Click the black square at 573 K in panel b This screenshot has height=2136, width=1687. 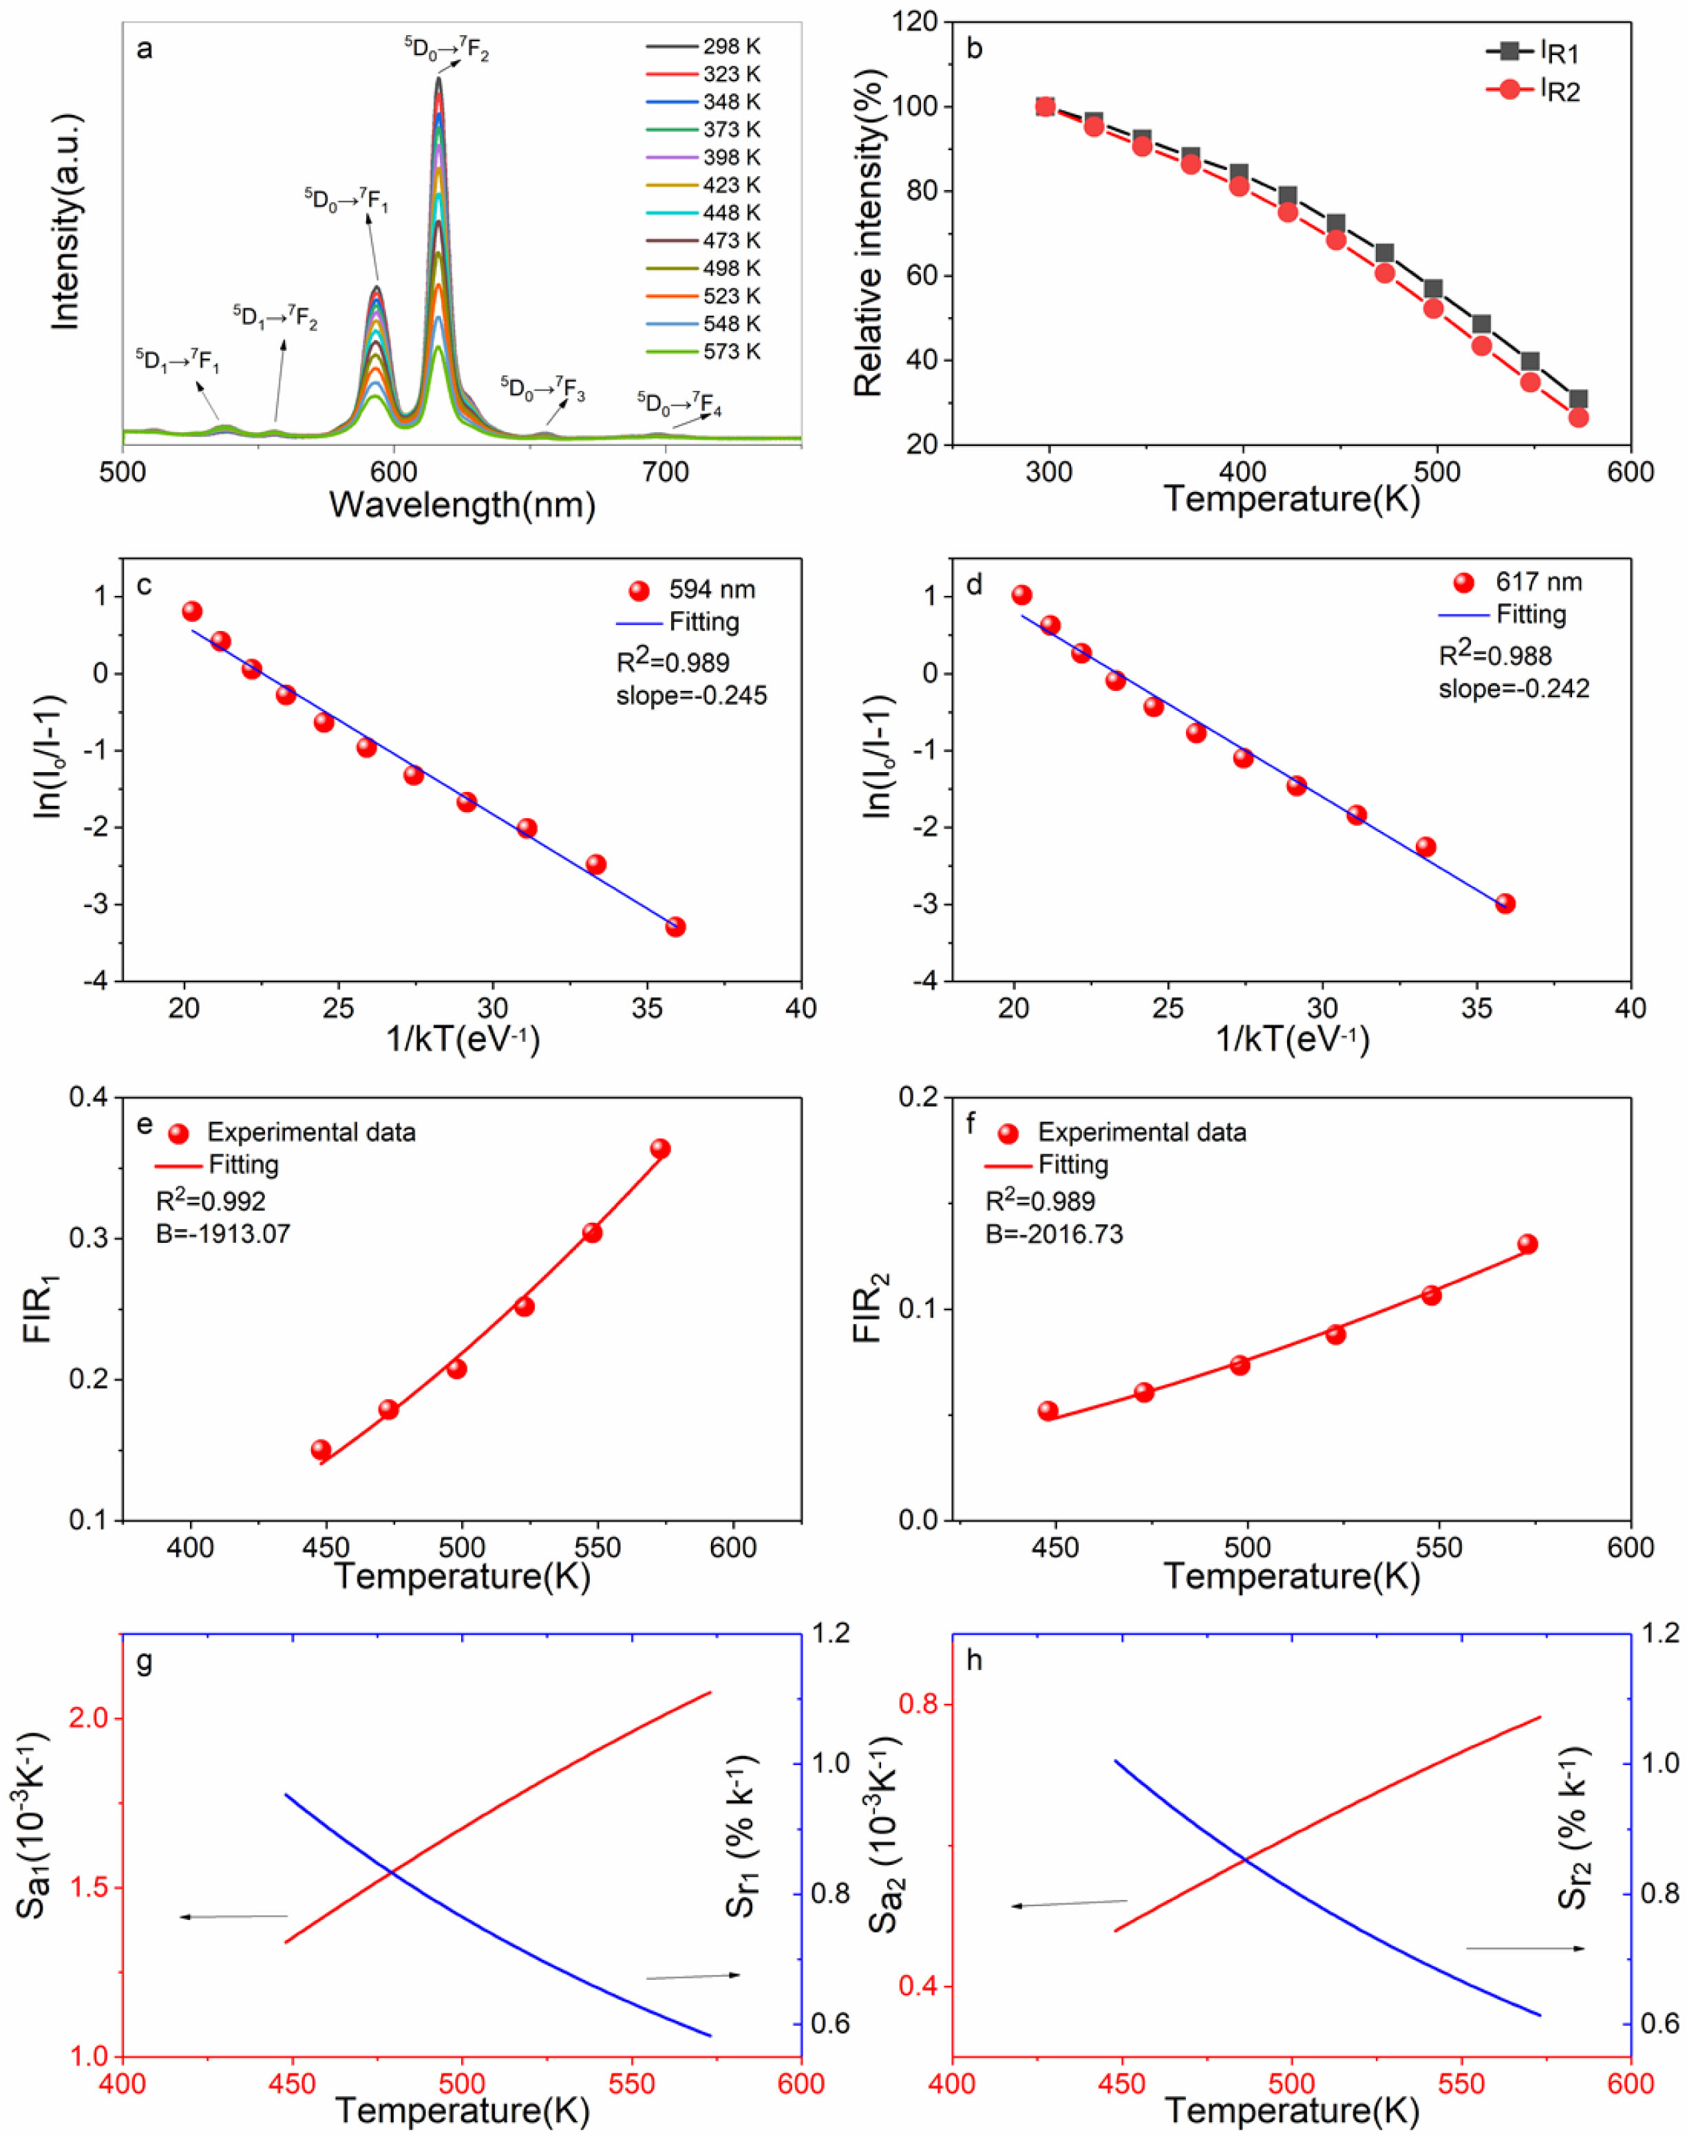(x=1578, y=399)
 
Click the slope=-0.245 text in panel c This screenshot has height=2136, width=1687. (x=692, y=695)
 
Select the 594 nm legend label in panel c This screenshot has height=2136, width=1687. (x=711, y=590)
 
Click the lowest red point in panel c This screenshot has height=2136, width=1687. (x=676, y=926)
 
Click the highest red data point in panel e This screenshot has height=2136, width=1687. (x=660, y=1149)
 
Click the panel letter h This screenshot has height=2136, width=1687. (x=975, y=1660)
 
